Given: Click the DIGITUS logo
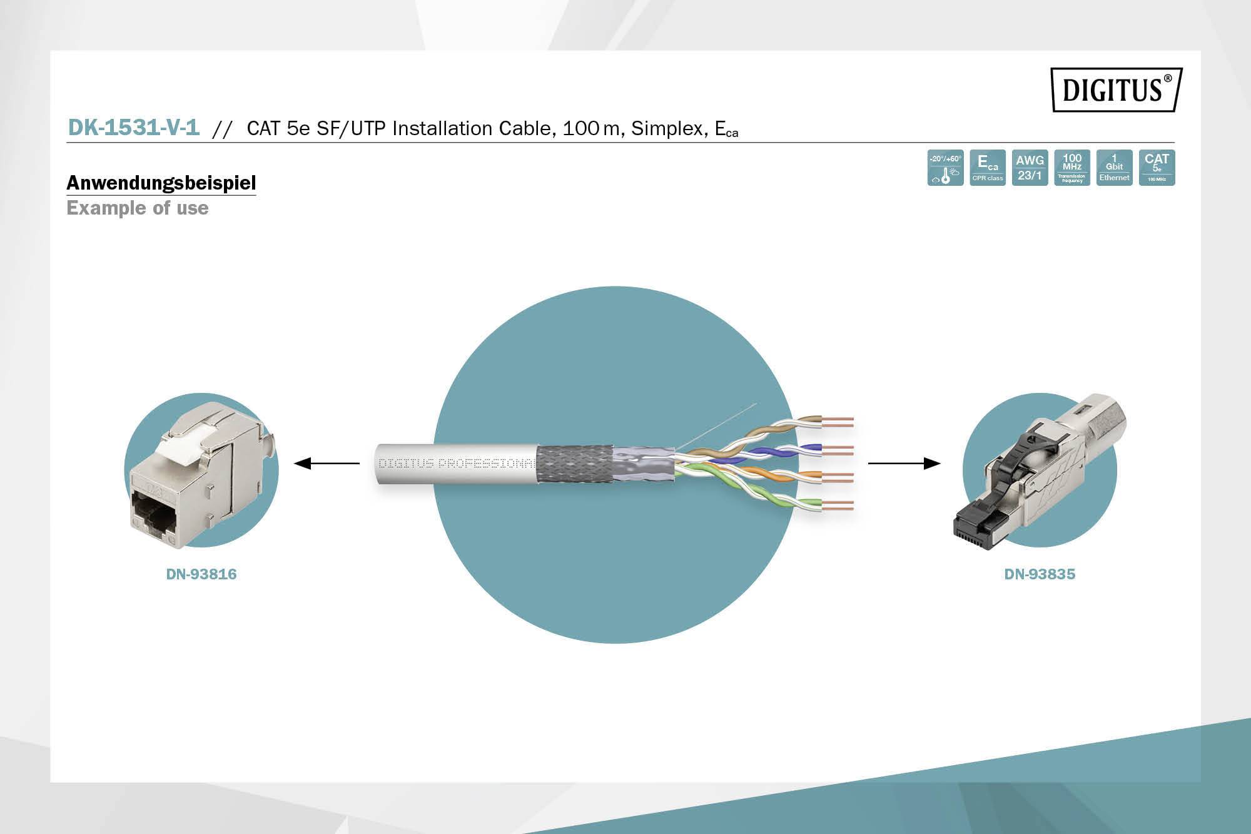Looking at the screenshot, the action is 1117,89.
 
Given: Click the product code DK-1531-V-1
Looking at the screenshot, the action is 133,128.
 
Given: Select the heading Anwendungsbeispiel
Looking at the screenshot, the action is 161,183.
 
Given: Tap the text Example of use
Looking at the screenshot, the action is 137,208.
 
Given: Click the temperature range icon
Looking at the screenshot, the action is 945,168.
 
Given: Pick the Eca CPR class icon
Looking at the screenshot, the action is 988,168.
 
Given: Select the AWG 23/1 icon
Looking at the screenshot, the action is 1030,168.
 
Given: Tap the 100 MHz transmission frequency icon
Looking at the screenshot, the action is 1072,168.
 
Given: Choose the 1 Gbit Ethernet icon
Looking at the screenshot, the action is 1114,168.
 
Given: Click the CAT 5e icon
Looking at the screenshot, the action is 1157,168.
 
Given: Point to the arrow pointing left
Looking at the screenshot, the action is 326,464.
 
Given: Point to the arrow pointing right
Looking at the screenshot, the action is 904,464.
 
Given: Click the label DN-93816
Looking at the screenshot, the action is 201,574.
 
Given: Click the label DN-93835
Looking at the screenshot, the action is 1040,574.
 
